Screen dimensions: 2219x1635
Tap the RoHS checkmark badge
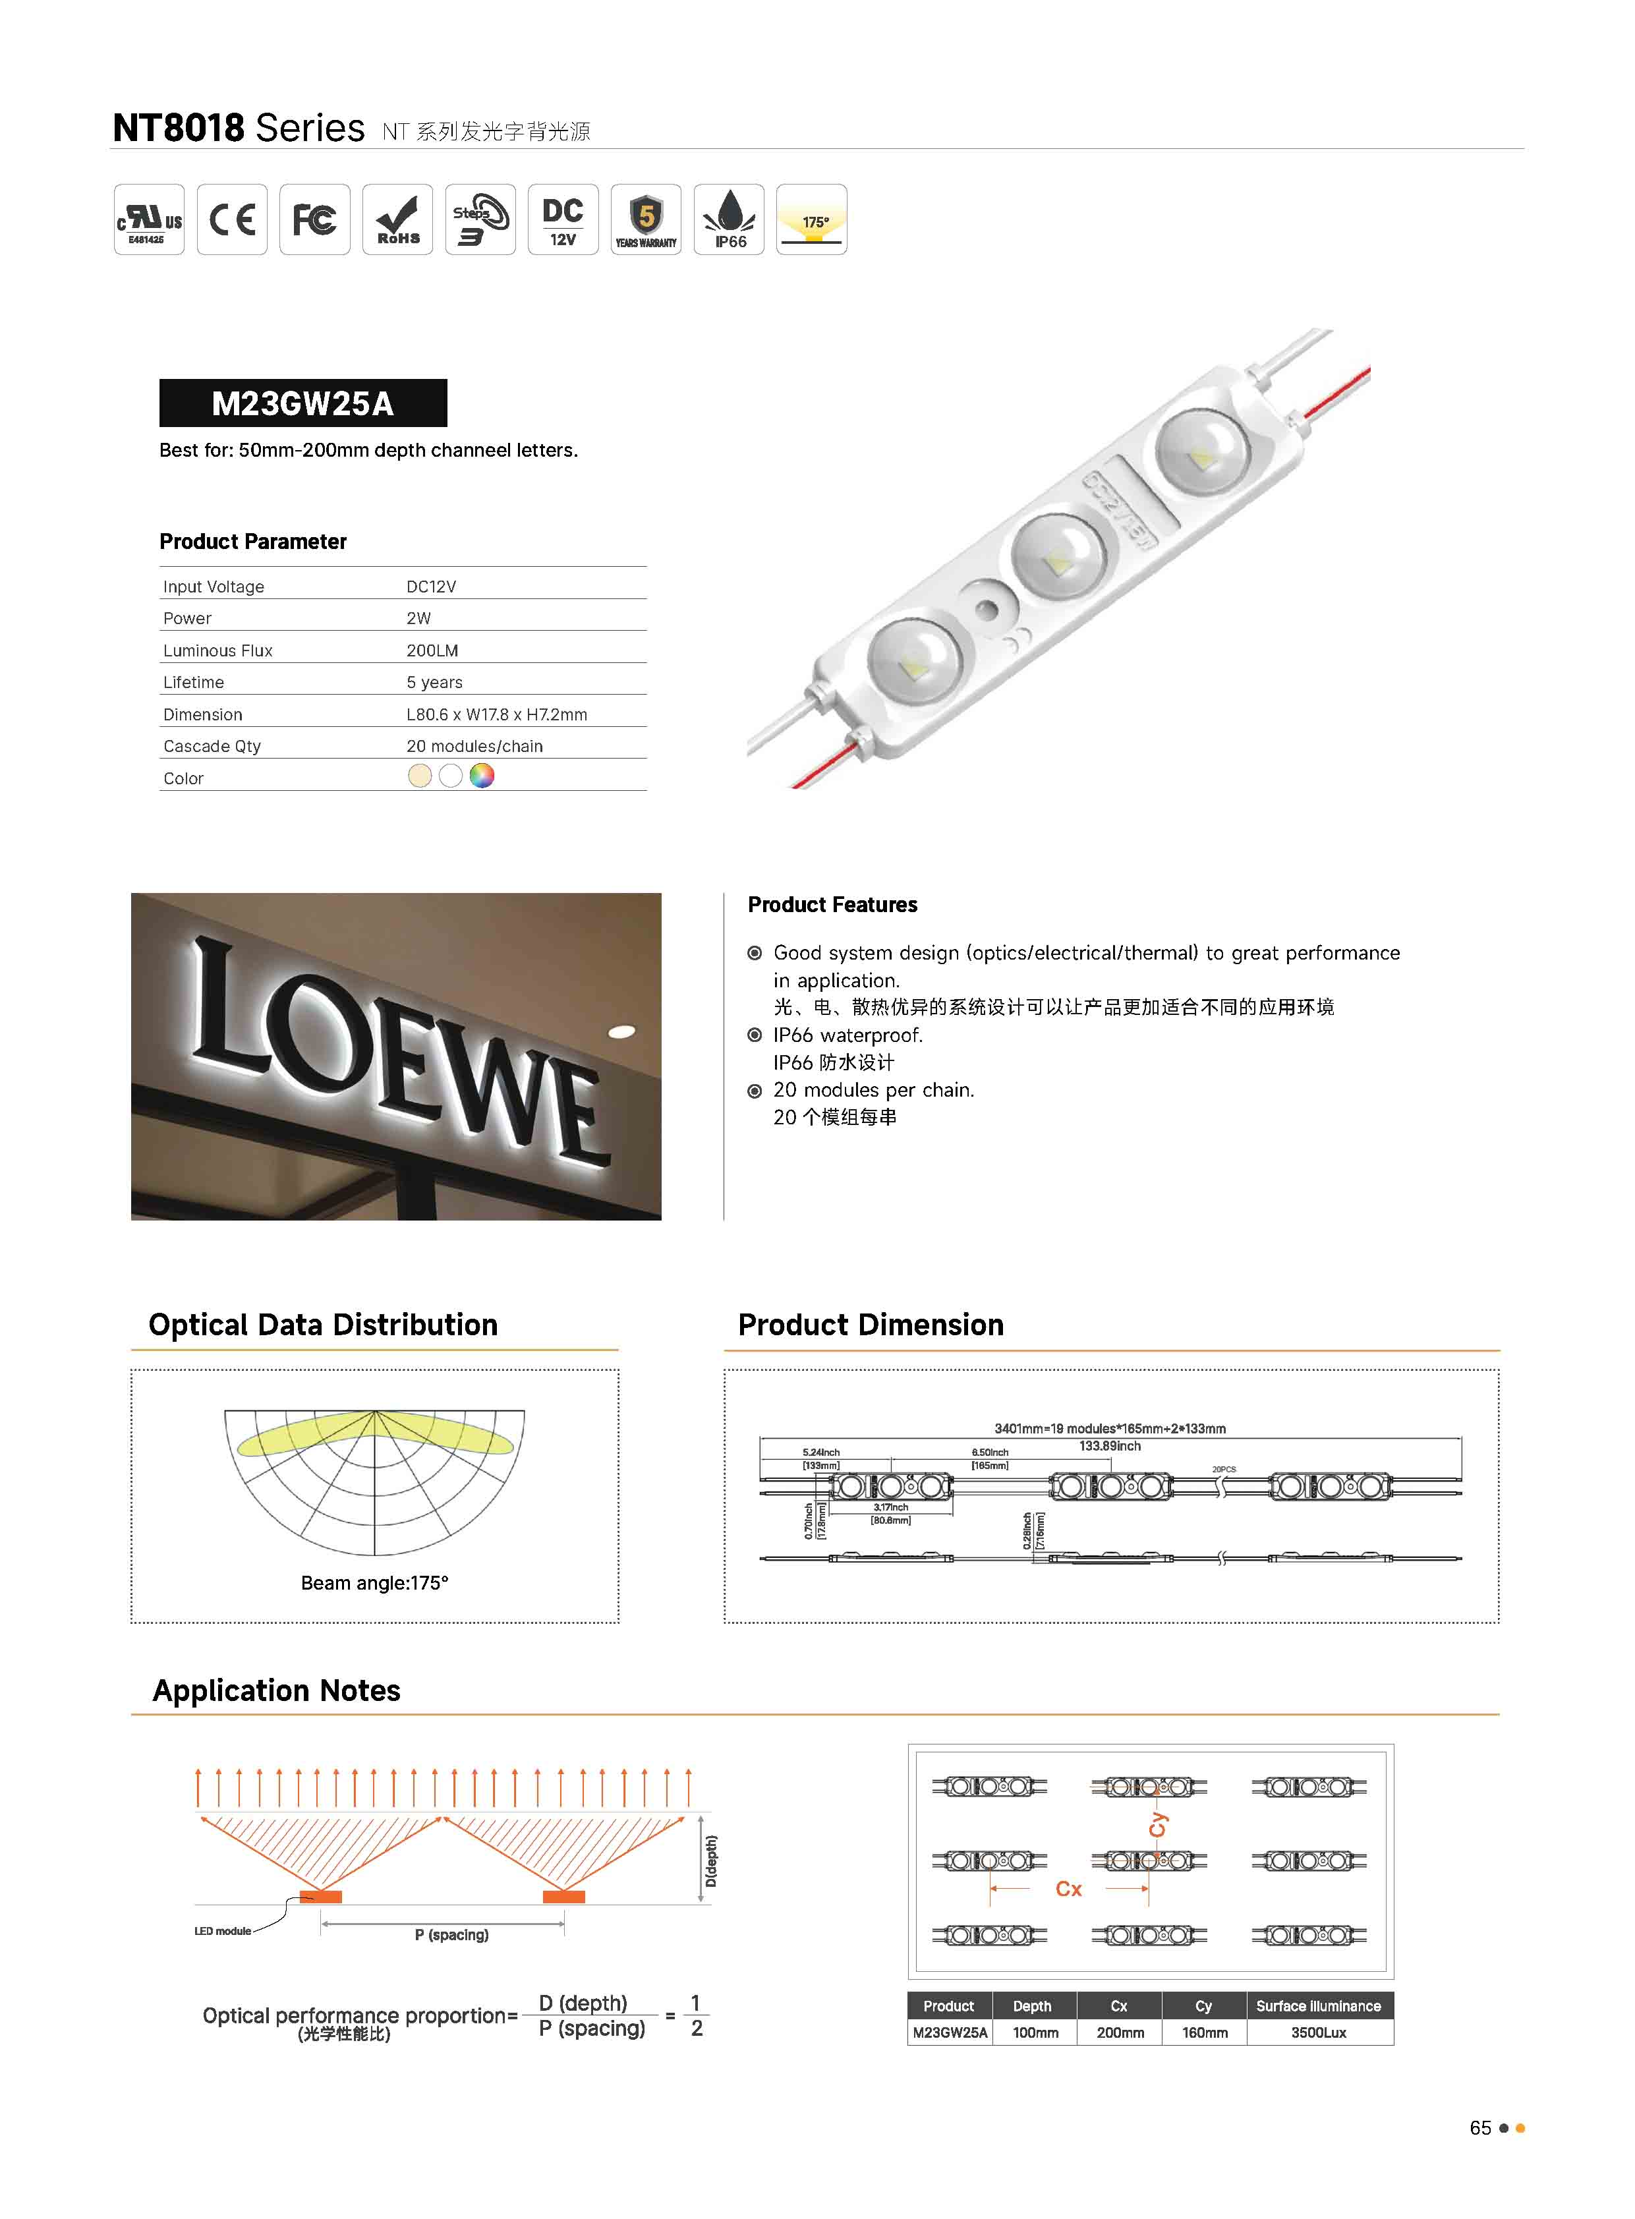pos(398,219)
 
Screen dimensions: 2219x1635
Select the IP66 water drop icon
pos(730,219)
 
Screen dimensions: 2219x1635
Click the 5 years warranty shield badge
pos(646,219)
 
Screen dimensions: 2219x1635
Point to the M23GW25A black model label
pos(303,404)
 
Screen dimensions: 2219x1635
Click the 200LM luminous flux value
pos(432,650)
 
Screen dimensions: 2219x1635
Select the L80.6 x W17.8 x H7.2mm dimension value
pos(497,714)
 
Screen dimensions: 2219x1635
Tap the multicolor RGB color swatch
pos(482,776)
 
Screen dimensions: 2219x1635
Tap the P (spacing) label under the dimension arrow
pos(451,1935)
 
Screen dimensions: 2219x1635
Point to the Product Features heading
pos(832,905)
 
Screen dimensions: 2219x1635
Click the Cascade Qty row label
pos(212,746)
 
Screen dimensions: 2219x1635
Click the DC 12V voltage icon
pos(563,219)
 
